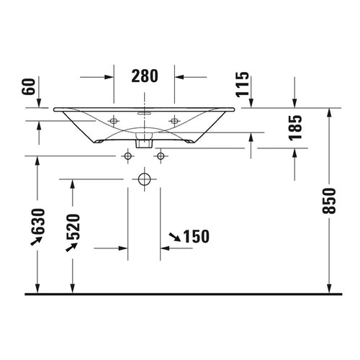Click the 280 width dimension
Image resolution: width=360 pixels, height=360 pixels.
145,75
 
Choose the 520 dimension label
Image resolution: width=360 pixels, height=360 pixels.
73,228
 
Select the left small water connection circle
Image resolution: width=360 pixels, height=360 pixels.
128,156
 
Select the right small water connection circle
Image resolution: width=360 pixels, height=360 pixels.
160,156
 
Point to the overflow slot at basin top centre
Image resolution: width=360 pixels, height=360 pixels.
144,113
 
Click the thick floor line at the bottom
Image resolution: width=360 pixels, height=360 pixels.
180,294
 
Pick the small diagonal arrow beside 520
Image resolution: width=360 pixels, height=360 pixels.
72,247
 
